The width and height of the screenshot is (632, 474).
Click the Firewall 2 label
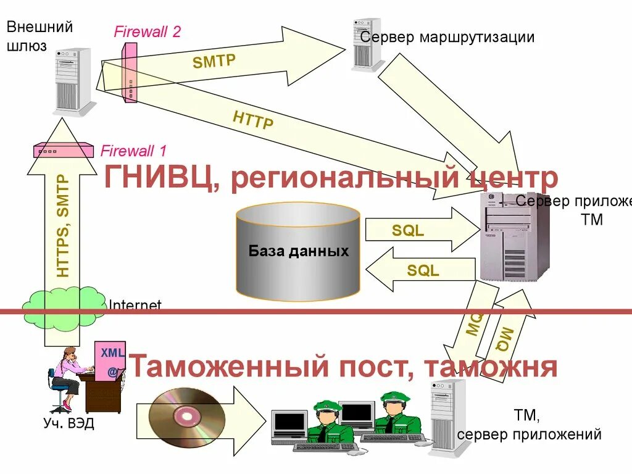pos(147,31)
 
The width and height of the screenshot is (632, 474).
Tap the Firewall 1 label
pos(133,151)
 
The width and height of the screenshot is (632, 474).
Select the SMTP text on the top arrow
pos(214,61)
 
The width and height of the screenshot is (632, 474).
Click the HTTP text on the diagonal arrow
pos(253,120)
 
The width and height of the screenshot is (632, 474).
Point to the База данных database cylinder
pos(298,251)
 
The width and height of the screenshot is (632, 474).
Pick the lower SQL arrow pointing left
pos(420,270)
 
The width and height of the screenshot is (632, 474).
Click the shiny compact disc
pos(184,417)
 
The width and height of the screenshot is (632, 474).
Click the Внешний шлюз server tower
pos(74,82)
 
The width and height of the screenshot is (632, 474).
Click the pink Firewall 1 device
pos(64,150)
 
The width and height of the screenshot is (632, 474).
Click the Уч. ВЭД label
pos(69,424)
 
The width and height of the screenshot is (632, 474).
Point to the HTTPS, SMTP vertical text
pos(63,225)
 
